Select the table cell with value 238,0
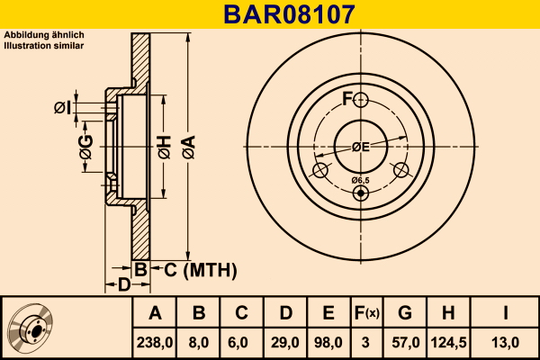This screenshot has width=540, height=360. click(x=155, y=341)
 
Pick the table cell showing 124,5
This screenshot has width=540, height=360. click(x=447, y=341)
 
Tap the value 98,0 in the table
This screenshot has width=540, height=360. click(x=328, y=341)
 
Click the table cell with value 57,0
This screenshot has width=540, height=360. click(x=405, y=341)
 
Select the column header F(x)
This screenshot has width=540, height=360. click(x=366, y=313)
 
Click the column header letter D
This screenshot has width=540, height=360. click(x=284, y=313)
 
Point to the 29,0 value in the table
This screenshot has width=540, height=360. click(x=284, y=341)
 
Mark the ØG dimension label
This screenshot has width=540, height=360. click(x=86, y=150)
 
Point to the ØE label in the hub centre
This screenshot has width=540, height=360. click(x=361, y=147)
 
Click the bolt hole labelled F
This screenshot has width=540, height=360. click(x=361, y=99)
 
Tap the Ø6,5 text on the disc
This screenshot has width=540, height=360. click(x=361, y=181)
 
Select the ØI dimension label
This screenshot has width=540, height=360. click(x=61, y=108)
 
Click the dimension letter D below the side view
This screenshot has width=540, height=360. click(x=125, y=285)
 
